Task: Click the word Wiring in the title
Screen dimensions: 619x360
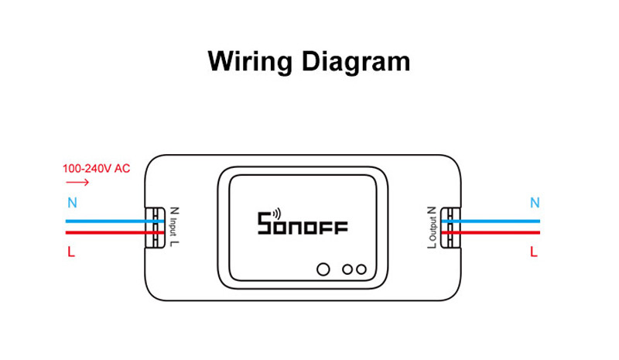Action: click(250, 62)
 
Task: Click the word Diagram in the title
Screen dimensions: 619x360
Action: click(356, 62)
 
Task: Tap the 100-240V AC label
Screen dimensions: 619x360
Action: click(96, 169)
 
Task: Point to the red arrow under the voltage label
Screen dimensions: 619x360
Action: click(78, 182)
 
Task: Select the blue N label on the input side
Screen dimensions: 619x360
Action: click(72, 203)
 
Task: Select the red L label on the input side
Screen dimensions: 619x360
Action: click(71, 252)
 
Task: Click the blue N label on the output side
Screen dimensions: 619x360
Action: click(535, 203)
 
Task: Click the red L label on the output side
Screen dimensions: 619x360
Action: click(534, 252)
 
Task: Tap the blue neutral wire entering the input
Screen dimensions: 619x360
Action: click(115, 221)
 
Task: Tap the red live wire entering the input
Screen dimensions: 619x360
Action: click(115, 233)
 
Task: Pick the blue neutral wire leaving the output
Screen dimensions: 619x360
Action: click(491, 221)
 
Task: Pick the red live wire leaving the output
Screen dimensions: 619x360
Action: click(491, 233)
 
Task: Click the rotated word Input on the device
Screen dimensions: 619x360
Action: click(173, 228)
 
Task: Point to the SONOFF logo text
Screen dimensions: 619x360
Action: click(303, 223)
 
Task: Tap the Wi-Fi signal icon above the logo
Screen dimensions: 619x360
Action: click(276, 214)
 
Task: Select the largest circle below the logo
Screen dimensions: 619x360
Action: click(323, 269)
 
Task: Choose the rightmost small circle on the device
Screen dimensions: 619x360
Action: click(361, 269)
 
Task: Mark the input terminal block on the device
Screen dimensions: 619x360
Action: click(155, 228)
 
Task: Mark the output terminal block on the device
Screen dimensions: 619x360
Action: click(450, 228)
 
